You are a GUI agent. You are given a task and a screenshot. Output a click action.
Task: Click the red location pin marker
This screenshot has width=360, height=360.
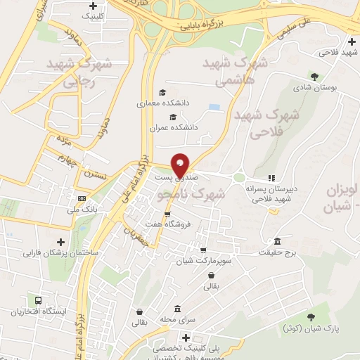point(181,165)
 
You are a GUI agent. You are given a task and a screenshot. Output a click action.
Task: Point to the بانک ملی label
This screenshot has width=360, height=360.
point(82,210)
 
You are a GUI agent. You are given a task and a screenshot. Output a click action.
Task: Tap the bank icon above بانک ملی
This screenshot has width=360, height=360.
point(82,198)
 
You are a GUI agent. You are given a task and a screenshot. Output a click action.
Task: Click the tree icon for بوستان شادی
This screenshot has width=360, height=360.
point(314,77)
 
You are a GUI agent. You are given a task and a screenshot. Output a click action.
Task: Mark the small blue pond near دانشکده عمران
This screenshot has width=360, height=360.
point(214,107)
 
